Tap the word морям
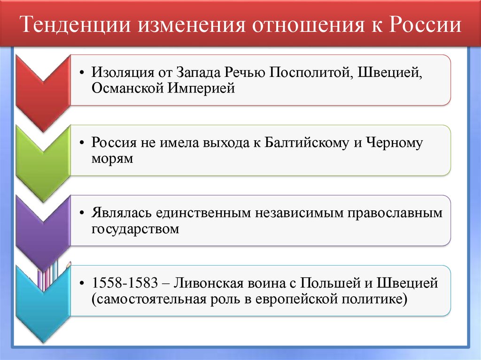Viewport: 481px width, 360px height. coord(113,158)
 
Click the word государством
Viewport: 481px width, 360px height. coord(136,229)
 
